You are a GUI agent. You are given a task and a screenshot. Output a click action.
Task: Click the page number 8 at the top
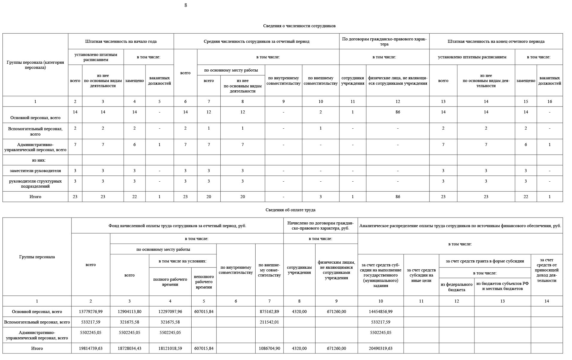click(186, 5)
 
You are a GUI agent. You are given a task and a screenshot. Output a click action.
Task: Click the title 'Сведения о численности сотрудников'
click(299, 26)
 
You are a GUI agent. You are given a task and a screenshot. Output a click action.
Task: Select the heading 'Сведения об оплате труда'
click(290, 210)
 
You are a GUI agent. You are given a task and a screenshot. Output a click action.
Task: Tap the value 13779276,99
click(91, 312)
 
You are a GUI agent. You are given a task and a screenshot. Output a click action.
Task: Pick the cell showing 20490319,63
click(380, 349)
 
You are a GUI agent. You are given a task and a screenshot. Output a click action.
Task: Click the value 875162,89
click(269, 312)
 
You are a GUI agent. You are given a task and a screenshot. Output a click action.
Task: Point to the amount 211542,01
click(269, 322)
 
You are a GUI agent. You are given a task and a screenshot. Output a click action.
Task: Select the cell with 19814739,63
click(91, 349)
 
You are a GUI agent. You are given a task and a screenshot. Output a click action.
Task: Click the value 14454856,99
click(380, 312)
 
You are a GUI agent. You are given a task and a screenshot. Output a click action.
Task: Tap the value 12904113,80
click(129, 312)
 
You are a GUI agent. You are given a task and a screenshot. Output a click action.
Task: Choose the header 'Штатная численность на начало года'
click(121, 42)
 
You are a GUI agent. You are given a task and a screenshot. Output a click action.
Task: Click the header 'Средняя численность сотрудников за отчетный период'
click(256, 42)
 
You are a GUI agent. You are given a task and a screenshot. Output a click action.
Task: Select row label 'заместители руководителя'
click(35, 171)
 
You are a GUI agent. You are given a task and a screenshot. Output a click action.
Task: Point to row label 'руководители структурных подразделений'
click(35, 184)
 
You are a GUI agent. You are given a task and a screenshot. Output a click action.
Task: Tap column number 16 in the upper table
click(550, 102)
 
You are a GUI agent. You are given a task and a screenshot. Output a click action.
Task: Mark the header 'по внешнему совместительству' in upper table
click(320, 81)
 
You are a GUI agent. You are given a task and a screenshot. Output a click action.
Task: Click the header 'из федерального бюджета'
click(456, 287)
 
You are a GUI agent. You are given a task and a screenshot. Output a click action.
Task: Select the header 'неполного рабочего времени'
click(204, 282)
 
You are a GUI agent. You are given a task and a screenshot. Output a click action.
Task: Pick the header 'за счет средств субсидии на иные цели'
click(421, 275)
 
